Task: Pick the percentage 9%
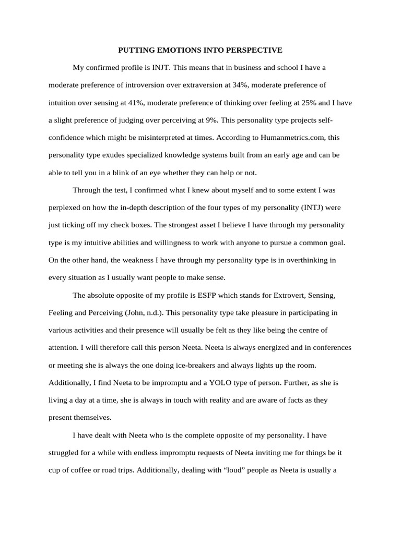pyautogui.click(x=206, y=120)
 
